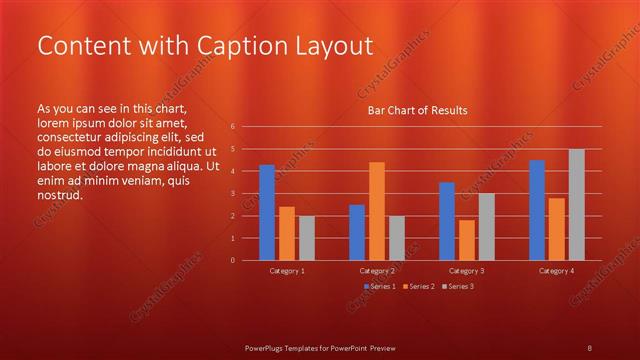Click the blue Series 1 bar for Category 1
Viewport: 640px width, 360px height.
pos(267,212)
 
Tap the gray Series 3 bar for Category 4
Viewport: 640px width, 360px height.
pos(576,204)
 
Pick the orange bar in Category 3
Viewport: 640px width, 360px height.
pos(466,240)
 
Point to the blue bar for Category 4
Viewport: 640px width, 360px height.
pos(537,210)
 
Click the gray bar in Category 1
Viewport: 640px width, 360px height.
pos(306,238)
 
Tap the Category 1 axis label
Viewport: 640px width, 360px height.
pos(288,271)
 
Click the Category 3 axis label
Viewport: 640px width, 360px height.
pos(467,271)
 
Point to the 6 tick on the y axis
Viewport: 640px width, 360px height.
pos(232,127)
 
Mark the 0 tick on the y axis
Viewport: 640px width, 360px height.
pos(232,260)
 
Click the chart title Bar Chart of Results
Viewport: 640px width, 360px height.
pos(417,109)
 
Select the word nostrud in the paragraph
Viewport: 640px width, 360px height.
pos(59,195)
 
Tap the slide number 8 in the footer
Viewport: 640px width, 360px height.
pos(589,347)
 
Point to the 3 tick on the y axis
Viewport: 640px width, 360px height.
pos(232,194)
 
